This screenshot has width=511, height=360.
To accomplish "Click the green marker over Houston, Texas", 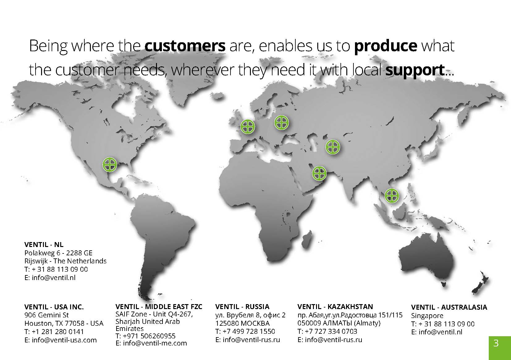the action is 110,164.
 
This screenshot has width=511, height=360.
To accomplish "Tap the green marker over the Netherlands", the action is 247,126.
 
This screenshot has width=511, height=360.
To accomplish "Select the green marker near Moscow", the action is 281,123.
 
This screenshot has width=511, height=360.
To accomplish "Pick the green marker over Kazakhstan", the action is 333,147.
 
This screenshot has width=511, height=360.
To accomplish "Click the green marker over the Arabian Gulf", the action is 319,173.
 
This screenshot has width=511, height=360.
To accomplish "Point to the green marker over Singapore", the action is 392,195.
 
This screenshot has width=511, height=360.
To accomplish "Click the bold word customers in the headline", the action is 185,46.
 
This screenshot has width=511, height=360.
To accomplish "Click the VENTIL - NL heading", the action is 44,245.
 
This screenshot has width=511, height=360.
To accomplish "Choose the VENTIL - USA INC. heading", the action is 54,307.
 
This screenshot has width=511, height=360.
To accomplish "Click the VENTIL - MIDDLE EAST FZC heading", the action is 159,306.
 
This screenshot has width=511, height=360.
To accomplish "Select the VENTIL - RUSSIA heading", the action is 242,306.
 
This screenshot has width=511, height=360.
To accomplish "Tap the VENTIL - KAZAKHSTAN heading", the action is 335,306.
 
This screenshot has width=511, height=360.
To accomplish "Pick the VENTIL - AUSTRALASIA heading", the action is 449,307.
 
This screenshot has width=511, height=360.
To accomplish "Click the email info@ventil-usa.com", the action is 64,340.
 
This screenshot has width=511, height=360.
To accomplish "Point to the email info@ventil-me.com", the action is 155,343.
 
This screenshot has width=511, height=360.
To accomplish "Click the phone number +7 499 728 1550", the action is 249,331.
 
